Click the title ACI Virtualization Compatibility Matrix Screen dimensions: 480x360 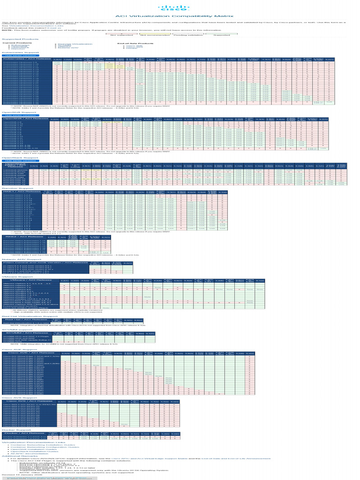coord(180,16)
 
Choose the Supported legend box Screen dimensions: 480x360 coord(218,35)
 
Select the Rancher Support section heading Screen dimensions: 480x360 coord(15,188)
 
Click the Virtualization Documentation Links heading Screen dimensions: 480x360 coord(27,442)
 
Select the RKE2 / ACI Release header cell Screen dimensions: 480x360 coord(22,238)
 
